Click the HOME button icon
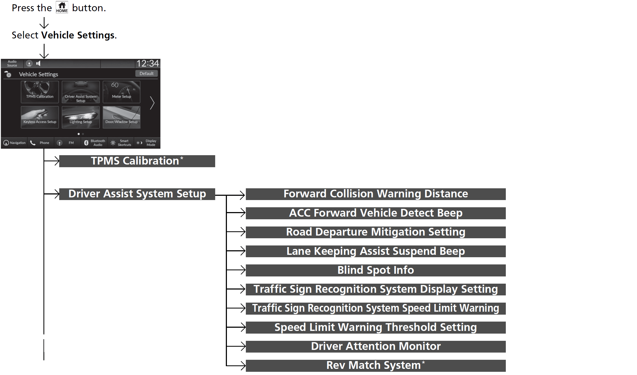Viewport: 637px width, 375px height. click(x=62, y=7)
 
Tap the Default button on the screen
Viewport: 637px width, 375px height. click(x=146, y=73)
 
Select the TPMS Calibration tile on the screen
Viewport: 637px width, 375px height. click(x=40, y=92)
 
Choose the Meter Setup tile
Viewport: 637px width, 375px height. click(x=122, y=92)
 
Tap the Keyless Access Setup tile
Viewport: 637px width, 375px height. click(x=40, y=117)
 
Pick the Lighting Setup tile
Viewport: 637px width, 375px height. click(x=81, y=117)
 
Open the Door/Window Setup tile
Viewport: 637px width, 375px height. click(x=122, y=117)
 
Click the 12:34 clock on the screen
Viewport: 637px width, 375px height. click(x=147, y=64)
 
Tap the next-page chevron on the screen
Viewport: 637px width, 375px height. click(x=152, y=103)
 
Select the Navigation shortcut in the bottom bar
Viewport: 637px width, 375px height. click(x=15, y=143)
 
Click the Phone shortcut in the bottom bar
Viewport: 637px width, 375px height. click(x=40, y=143)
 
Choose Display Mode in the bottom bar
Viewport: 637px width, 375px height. click(x=147, y=143)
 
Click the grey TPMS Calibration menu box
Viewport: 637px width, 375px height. click(x=137, y=161)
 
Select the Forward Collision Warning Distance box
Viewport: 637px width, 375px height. click(x=375, y=194)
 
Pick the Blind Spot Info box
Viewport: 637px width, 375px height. click(x=375, y=270)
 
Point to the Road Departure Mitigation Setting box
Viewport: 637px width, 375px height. click(x=375, y=232)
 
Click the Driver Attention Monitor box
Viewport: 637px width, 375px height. click(x=375, y=346)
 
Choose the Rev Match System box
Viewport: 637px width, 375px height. click(x=375, y=366)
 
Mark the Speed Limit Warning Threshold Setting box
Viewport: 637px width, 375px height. click(x=375, y=327)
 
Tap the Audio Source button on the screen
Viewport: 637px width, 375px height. click(x=12, y=64)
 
